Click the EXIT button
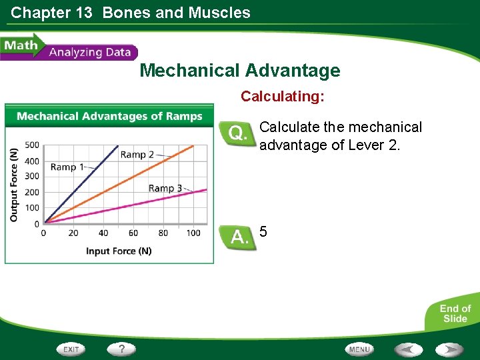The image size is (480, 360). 72,349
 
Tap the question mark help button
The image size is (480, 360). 122,349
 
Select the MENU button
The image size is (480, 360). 359,349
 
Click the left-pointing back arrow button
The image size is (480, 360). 408,349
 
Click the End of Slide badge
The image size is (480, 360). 455,313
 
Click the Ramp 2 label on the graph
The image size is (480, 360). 137,155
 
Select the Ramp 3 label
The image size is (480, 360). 165,188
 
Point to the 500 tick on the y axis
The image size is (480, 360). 31,145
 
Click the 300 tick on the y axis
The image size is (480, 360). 31,177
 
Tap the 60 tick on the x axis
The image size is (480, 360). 133,233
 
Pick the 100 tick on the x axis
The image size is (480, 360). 193,233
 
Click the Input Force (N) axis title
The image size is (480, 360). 119,251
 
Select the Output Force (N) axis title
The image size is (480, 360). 14,185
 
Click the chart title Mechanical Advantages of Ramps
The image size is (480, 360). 109,116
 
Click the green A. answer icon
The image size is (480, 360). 238,237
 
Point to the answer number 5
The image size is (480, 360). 263,232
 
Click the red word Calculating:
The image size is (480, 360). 283,97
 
